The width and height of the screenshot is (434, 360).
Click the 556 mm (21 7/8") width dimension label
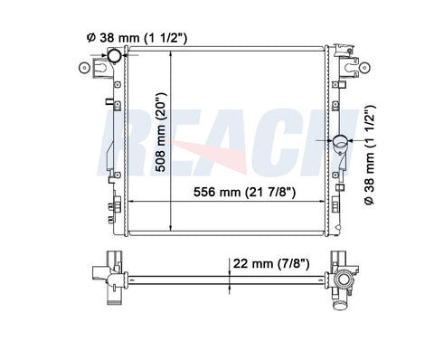244,192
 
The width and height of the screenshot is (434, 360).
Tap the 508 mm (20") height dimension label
161,132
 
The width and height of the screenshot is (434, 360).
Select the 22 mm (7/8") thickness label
271,264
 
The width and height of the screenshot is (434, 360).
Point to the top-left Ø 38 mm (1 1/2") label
137,38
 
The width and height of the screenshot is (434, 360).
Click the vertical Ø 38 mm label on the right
370,155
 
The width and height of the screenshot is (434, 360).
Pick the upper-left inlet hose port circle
115,55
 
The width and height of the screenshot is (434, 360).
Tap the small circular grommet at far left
84,68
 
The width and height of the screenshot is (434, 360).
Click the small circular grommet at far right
364,68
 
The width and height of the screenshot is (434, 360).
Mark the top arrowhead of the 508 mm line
171,54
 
